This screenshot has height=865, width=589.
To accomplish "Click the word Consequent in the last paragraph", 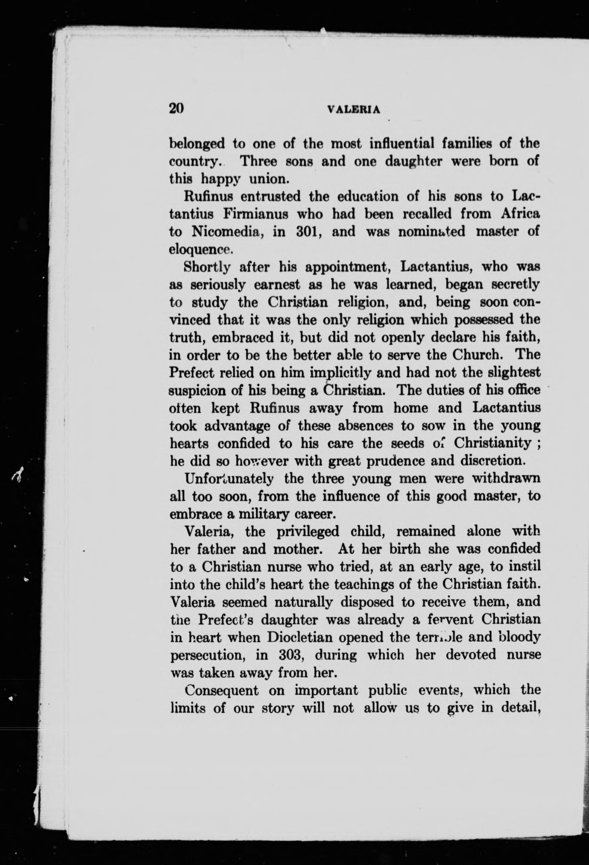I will [222, 690].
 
